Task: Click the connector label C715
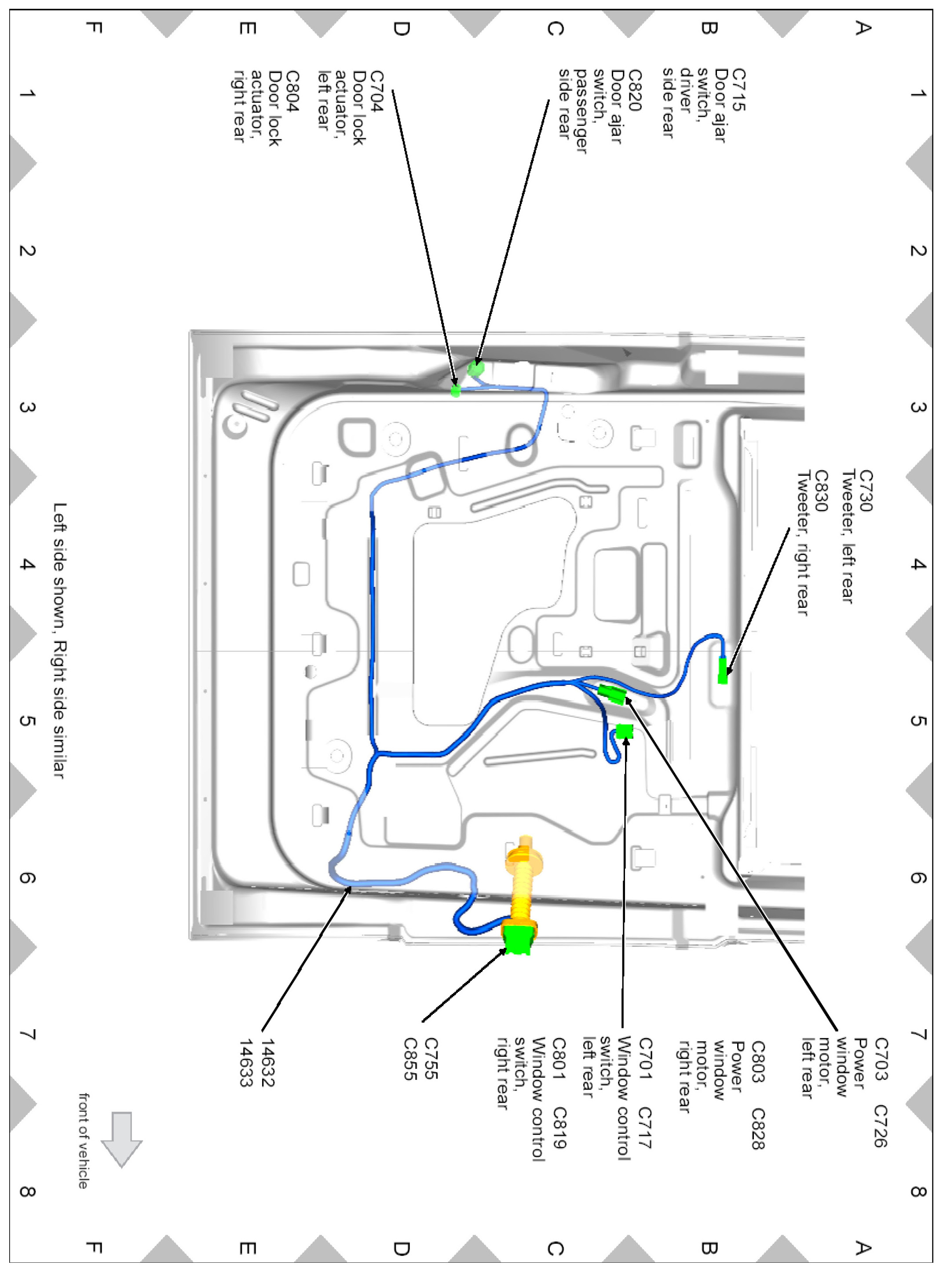738,90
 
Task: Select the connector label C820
634,90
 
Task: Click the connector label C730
865,490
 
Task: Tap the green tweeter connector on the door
723,670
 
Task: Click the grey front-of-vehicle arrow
121,1138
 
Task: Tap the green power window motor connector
612,694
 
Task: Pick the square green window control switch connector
625,731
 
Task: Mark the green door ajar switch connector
475,369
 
